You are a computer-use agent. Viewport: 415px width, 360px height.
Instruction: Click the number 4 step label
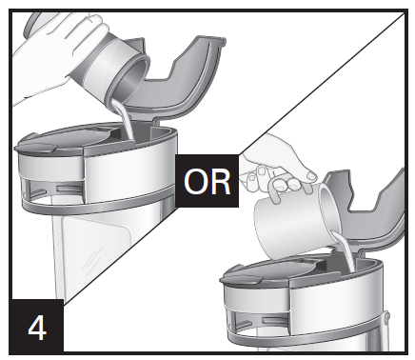click(x=37, y=328)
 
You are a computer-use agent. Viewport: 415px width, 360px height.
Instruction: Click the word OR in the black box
click(x=207, y=182)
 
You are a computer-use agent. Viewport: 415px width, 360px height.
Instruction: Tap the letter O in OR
click(x=195, y=182)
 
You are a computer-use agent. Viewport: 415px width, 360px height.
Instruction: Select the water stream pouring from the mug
click(x=345, y=250)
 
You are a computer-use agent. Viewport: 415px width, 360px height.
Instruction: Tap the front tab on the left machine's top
click(x=35, y=148)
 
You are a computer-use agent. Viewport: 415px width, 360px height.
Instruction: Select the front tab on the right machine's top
click(x=241, y=279)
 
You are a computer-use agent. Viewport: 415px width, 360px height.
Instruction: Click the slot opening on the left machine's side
click(x=69, y=190)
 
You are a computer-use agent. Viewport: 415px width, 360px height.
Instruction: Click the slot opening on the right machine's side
click(x=273, y=321)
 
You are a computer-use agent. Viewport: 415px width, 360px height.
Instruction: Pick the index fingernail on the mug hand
click(x=262, y=171)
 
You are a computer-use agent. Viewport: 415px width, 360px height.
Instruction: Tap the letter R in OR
click(x=220, y=182)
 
